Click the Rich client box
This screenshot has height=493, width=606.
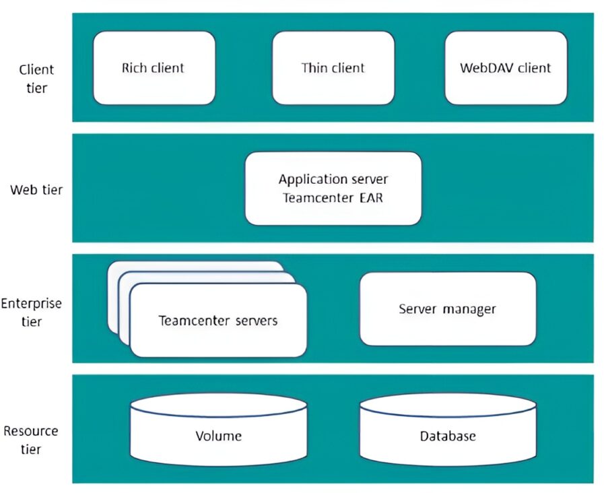[x=154, y=67]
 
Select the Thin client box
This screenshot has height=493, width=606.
[x=333, y=67]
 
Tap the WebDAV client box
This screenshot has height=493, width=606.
[x=505, y=67]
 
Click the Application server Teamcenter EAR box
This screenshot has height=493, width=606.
[x=333, y=189]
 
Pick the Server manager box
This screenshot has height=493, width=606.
[x=447, y=308]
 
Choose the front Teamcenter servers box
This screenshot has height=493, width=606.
[x=217, y=321]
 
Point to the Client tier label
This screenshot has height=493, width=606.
[x=36, y=77]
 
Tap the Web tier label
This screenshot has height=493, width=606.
[x=36, y=189]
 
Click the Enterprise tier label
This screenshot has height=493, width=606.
[x=31, y=312]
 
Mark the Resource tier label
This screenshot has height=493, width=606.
[x=31, y=440]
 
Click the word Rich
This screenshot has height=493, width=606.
[x=134, y=67]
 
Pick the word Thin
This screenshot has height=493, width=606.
[x=314, y=67]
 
